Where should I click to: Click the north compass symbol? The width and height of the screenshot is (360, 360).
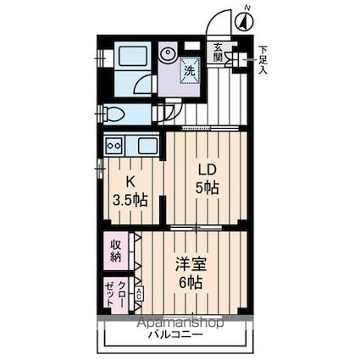coord(244,21)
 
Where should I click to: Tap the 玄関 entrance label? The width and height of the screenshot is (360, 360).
coord(218,53)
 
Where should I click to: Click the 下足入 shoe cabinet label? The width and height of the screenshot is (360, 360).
coord(263,60)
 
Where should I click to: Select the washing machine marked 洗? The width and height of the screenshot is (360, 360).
coord(190,70)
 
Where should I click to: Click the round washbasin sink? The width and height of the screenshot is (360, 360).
coord(168,53)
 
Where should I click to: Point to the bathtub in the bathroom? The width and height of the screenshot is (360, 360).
coord(131,56)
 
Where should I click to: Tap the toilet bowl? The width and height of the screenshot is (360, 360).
coord(114,114)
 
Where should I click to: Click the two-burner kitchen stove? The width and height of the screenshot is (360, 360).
coord(114,146)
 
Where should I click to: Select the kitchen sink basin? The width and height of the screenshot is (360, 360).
coord(147,146)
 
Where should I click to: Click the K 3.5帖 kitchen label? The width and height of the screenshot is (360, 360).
coord(130,192)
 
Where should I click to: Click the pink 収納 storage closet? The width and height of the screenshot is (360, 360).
coord(116,251)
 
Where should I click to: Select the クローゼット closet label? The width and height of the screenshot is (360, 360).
coord(115,294)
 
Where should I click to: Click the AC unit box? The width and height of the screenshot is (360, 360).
coord(139,294)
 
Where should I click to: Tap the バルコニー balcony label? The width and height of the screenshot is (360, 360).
coord(175,335)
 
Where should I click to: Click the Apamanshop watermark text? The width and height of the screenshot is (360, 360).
coord(180,323)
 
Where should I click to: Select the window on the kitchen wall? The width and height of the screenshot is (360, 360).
coord(100,169)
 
